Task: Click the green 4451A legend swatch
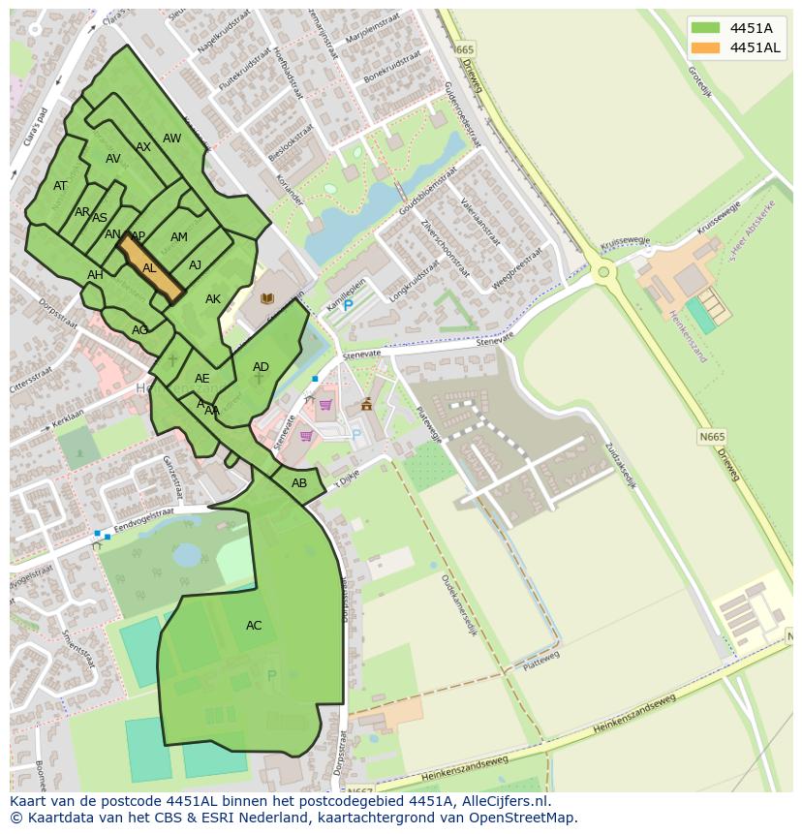[706, 28]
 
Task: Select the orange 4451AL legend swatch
[706, 47]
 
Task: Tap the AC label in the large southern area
[254, 626]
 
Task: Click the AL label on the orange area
[149, 268]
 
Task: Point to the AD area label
[261, 367]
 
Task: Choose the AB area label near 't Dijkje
[299, 483]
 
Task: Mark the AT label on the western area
[60, 186]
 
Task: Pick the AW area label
[171, 139]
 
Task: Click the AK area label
[213, 299]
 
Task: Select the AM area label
[179, 237]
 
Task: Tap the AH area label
[95, 275]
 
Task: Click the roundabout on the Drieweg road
[604, 272]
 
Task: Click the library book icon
[267, 298]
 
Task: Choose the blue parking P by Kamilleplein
[349, 305]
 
